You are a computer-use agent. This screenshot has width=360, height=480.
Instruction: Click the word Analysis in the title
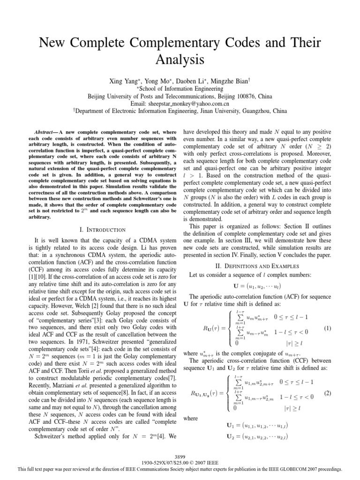click(180, 60)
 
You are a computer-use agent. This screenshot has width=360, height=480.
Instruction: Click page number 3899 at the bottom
click(180, 456)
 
